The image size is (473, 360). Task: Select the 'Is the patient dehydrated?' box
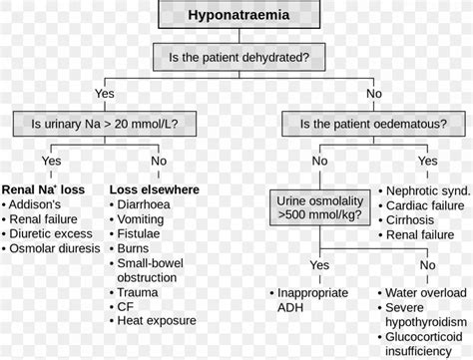point(236,58)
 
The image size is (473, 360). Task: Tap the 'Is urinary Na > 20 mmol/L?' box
point(104,126)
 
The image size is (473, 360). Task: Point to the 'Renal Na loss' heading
point(42,189)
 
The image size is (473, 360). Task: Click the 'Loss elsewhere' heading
point(154,189)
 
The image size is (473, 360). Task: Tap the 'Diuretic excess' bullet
point(51,236)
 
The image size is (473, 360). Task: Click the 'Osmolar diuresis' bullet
point(54,251)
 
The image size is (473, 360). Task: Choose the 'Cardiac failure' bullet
point(424,205)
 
